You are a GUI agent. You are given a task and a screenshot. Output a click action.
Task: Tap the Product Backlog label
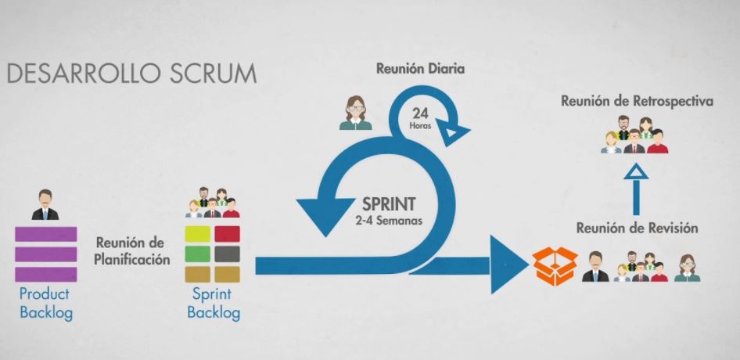click(x=45, y=304)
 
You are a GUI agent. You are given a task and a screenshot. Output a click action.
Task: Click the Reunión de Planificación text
click(x=132, y=251)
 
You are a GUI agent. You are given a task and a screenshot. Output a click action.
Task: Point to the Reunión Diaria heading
click(x=420, y=68)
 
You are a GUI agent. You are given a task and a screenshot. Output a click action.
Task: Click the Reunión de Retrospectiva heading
click(x=637, y=102)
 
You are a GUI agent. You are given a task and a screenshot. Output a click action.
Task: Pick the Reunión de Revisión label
click(x=637, y=229)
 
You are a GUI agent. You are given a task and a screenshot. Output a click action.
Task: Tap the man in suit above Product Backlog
click(x=45, y=204)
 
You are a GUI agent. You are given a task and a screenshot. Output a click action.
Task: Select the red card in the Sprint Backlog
click(x=227, y=234)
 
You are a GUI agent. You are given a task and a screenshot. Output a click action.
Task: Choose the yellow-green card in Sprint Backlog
click(x=197, y=234)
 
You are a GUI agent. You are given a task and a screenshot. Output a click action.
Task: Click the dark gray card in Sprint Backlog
click(x=227, y=254)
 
